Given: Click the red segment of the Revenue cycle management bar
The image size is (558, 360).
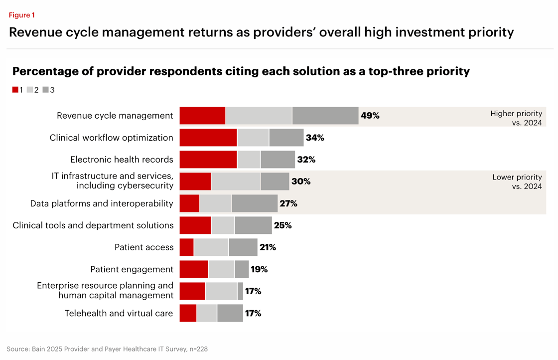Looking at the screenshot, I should pyautogui.click(x=202, y=116).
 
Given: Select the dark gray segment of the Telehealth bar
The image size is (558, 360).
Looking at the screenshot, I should pyautogui.click(x=230, y=313).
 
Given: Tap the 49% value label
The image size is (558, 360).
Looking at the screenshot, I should pyautogui.click(x=370, y=116).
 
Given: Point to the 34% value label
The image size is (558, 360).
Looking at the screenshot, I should pyautogui.click(x=315, y=138).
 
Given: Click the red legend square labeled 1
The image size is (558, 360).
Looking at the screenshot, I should pyautogui.click(x=15, y=90).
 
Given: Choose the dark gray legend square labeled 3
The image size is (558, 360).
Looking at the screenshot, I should pyautogui.click(x=45, y=90).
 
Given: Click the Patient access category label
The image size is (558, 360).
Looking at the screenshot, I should pyautogui.click(x=144, y=247).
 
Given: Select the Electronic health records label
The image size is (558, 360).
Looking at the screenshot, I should pyautogui.click(x=122, y=160).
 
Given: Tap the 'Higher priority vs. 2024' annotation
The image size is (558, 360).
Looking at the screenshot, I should pyautogui.click(x=516, y=118).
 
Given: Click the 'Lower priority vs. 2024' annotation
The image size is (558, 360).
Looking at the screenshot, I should pyautogui.click(x=517, y=181).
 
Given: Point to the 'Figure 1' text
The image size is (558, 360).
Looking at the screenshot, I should pyautogui.click(x=22, y=15).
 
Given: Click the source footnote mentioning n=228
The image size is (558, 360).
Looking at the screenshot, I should pyautogui.click(x=107, y=349).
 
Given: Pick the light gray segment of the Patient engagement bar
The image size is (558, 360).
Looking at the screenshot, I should pyautogui.click(x=221, y=269).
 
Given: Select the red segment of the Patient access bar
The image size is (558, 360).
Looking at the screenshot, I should pyautogui.click(x=186, y=247).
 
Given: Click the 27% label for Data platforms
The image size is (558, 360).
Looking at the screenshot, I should pyautogui.click(x=288, y=203).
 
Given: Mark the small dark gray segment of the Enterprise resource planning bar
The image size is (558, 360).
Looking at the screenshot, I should pyautogui.click(x=240, y=291).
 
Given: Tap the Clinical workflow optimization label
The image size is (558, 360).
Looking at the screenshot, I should pyautogui.click(x=112, y=138).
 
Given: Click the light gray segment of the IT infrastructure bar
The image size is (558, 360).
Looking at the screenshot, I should pyautogui.click(x=236, y=181).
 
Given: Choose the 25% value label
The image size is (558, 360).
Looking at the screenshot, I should pyautogui.click(x=282, y=225).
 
